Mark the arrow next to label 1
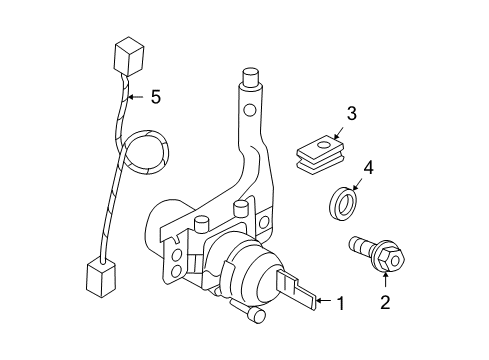click(321, 299)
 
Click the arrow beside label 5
click(136, 97)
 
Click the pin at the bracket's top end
click(251, 79)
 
